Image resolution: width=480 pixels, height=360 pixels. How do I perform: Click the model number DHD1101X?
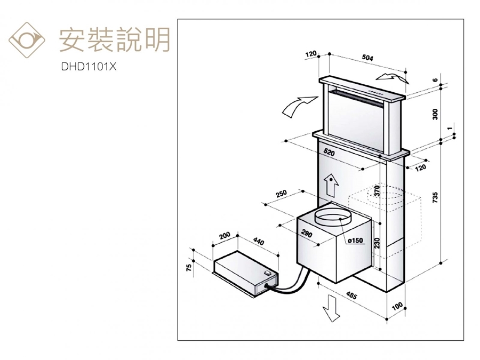(x=89, y=68)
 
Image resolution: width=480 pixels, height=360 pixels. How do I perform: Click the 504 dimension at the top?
(x=367, y=57)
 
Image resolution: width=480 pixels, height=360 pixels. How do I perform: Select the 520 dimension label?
(x=329, y=153)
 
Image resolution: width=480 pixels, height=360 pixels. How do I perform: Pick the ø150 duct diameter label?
(x=354, y=241)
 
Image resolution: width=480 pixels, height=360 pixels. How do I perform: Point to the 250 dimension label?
(x=281, y=193)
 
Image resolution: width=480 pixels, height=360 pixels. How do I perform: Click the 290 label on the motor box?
(x=307, y=233)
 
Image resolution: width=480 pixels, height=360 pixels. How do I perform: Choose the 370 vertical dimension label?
(x=377, y=190)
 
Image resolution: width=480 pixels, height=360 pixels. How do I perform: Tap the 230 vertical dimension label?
(x=377, y=243)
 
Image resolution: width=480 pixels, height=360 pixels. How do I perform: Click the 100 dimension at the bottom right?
(x=397, y=308)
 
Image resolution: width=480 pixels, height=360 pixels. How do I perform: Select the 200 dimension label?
(x=224, y=235)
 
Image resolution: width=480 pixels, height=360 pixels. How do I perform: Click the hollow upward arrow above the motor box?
(x=332, y=185)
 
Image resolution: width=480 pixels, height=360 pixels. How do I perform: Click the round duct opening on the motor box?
(x=332, y=218)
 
